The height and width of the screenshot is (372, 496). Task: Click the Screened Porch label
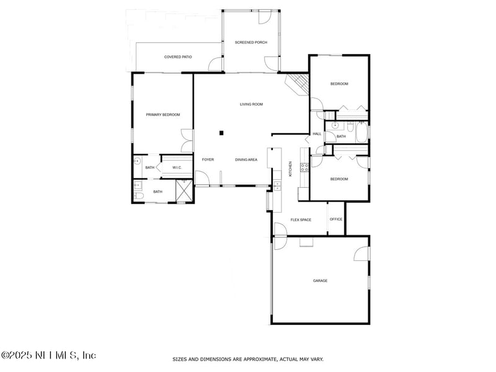click(x=251, y=42)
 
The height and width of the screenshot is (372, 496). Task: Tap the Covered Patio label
click(x=178, y=57)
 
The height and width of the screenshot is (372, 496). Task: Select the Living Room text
click(x=251, y=104)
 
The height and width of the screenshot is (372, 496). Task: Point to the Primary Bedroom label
click(x=163, y=115)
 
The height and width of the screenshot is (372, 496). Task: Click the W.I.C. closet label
click(x=177, y=167)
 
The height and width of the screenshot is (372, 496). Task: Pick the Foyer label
click(x=208, y=160)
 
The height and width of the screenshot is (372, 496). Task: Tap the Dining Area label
click(x=246, y=160)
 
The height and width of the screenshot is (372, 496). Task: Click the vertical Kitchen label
click(x=290, y=169)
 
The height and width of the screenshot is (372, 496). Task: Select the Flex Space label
click(x=301, y=220)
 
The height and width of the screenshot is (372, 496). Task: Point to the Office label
click(x=336, y=219)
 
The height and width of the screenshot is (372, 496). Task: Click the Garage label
click(x=320, y=281)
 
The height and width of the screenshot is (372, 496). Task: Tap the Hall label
click(x=317, y=134)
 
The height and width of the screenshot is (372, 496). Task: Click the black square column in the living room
click(x=221, y=133)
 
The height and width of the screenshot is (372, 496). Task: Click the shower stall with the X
click(x=184, y=190)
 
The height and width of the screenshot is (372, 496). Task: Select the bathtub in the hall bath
click(x=361, y=133)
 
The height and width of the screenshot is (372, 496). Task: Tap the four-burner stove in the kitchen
click(x=304, y=167)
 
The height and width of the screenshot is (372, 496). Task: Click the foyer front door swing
click(x=202, y=178)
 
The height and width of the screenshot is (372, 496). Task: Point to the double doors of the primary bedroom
click(x=187, y=141)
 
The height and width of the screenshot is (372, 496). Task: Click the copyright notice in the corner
click(x=48, y=355)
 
